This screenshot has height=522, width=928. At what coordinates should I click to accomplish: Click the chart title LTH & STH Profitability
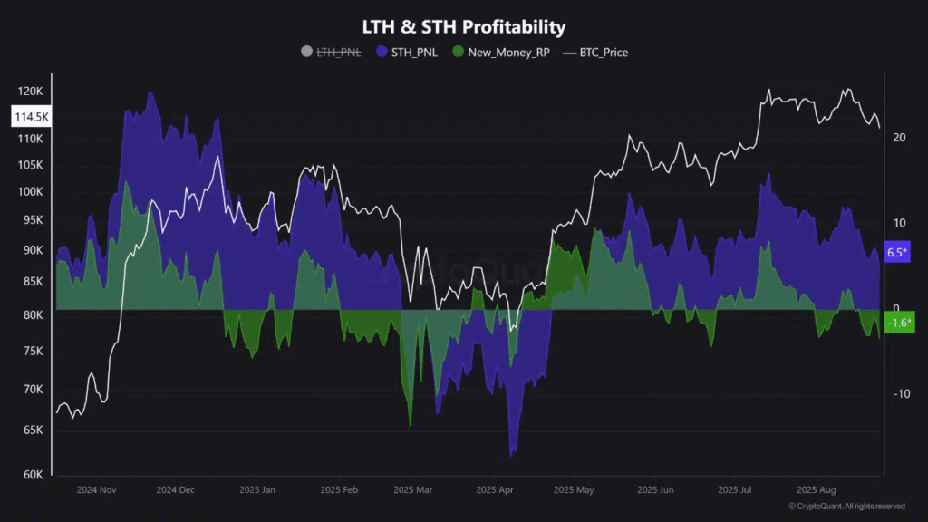(463, 27)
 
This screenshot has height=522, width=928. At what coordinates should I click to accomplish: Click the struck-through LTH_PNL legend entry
(332, 53)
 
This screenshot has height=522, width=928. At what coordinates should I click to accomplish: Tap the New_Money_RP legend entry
(500, 53)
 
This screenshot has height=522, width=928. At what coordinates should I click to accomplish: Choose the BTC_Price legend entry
(596, 53)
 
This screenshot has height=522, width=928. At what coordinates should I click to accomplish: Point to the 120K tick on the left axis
(30, 92)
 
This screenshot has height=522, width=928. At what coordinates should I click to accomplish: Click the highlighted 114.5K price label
(31, 117)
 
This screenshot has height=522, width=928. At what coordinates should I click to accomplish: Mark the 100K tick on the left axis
(30, 192)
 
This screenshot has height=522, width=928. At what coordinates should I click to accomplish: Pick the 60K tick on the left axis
(32, 474)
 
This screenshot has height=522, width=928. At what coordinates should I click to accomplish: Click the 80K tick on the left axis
(32, 315)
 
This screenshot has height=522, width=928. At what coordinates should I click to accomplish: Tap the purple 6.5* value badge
(896, 253)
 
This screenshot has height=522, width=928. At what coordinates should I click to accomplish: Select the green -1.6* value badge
(898, 323)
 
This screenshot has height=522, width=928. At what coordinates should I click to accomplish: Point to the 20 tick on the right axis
(899, 138)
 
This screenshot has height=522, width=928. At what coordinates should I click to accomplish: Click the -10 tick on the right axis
(901, 394)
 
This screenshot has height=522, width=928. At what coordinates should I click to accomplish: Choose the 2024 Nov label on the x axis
(97, 490)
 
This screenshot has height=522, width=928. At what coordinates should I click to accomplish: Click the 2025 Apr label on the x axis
(494, 490)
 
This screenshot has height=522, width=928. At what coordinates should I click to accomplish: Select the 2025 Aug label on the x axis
(815, 490)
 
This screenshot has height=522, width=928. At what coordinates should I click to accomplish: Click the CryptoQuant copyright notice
(846, 507)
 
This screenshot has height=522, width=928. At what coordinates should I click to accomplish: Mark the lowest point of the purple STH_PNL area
(513, 455)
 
